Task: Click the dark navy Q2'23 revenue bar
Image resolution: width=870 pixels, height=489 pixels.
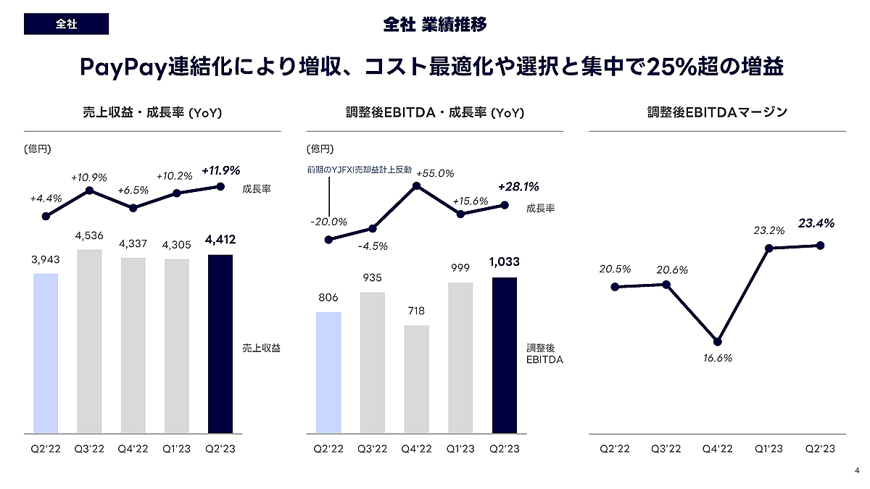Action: [x=220, y=344]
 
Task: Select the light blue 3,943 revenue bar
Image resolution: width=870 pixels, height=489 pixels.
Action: [x=46, y=354]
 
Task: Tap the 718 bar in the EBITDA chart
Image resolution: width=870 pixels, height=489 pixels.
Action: [x=416, y=379]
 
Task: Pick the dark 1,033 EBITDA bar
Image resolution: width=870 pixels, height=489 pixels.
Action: [x=504, y=355]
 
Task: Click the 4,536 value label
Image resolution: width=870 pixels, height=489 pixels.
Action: [x=89, y=235]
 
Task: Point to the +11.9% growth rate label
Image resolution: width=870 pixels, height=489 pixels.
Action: [x=220, y=171]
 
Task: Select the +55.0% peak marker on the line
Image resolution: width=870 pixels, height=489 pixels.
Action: [x=417, y=186]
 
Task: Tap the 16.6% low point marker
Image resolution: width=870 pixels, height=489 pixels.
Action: [x=717, y=342]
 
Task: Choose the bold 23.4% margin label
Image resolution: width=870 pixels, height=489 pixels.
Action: [x=816, y=224]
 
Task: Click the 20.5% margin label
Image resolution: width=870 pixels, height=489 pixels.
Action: [x=615, y=269]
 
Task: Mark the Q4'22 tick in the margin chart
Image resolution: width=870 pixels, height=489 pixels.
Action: [x=717, y=449]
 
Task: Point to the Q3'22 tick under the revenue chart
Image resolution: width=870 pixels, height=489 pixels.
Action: [x=89, y=449]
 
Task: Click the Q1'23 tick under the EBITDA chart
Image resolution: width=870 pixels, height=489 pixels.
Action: [x=460, y=449]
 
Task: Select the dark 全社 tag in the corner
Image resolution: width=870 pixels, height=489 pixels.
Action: [x=66, y=24]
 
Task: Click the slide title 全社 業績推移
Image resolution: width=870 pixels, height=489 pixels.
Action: [x=435, y=25]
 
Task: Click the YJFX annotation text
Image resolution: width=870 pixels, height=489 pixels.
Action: [x=360, y=170]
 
